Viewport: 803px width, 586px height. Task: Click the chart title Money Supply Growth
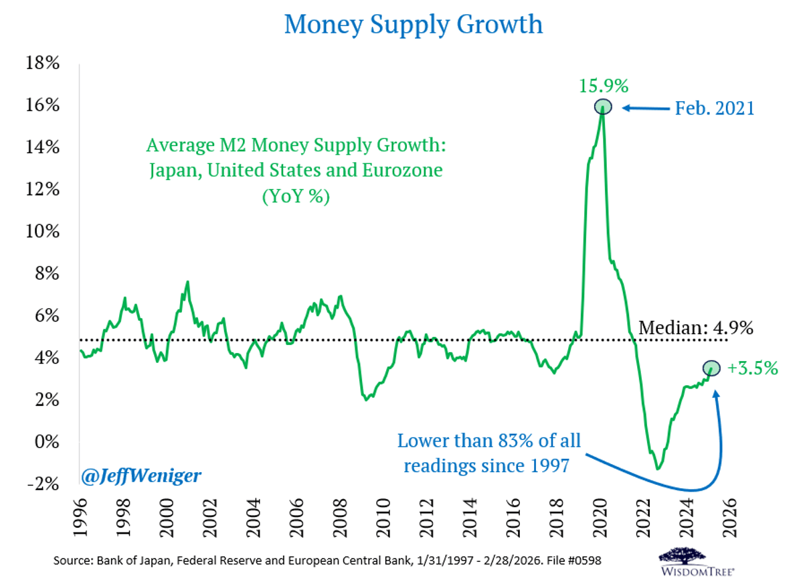413,25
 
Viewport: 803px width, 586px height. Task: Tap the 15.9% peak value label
603,86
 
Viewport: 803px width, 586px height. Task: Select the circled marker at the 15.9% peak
603,107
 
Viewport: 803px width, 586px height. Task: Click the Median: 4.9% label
696,327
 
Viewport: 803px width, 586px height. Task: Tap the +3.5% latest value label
752,368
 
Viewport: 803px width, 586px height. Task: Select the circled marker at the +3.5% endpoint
711,367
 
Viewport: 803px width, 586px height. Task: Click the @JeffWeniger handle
141,476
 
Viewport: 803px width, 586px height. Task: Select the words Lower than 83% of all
489,441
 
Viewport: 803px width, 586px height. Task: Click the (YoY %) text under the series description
294,198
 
